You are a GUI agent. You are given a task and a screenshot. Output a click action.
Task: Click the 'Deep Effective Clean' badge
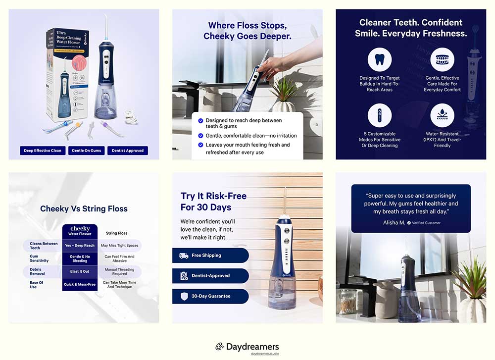[43, 151]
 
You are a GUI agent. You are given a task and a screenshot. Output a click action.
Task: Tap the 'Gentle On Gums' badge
[87, 151]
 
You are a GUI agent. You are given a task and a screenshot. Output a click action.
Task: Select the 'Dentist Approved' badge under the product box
[128, 151]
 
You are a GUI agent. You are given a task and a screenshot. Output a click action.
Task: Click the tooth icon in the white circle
[380, 60]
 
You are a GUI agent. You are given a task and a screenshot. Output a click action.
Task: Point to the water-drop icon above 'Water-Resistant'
[442, 115]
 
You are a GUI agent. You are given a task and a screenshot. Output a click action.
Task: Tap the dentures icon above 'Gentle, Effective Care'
[442, 60]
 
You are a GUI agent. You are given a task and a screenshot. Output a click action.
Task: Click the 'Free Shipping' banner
[210, 256]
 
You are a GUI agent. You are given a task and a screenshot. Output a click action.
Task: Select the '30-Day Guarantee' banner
[210, 296]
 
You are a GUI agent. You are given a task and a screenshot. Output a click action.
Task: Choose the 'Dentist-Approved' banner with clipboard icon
[210, 276]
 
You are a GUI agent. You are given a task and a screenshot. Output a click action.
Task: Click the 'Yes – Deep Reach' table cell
[80, 246]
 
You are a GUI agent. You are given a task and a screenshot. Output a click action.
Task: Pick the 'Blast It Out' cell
[80, 271]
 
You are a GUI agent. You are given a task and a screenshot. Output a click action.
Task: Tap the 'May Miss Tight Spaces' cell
[119, 246]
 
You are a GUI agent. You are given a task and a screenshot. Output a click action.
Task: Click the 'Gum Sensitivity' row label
[39, 258]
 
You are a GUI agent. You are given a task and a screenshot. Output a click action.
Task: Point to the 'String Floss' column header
[117, 233]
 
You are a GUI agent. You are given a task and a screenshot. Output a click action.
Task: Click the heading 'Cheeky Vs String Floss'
[84, 208]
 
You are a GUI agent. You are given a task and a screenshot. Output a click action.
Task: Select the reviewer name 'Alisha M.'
[394, 223]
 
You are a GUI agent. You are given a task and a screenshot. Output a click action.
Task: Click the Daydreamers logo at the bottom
[247, 347]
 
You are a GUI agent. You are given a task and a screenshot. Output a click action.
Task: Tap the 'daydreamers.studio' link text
[265, 354]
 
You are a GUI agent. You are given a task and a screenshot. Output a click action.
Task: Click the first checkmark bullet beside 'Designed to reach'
[200, 121]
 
